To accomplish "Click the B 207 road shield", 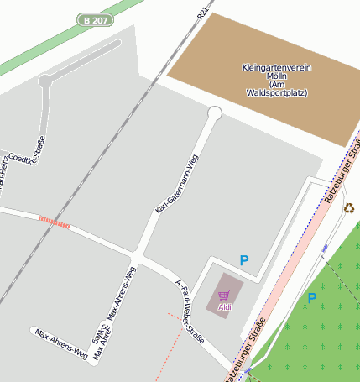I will tap(95, 19).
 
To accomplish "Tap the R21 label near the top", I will tap(202, 12).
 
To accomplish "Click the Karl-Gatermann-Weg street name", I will tap(176, 183).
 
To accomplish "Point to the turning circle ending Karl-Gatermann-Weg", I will tap(215, 113).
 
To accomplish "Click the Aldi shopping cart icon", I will tap(224, 296).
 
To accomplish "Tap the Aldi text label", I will tap(225, 307).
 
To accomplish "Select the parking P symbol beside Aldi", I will tap(244, 261).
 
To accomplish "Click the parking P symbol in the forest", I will tap(312, 298).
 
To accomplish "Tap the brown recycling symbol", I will tap(349, 208).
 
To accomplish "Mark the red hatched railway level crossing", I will tap(54, 222).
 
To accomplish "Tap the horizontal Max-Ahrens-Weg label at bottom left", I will tap(61, 344).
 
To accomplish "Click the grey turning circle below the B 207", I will tap(45, 81).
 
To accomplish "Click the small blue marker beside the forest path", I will tap(325, 249).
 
